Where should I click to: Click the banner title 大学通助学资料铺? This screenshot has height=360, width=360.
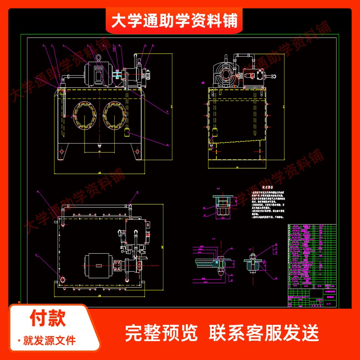click(x=174, y=21)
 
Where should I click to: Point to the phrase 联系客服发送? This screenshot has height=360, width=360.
click(x=264, y=333)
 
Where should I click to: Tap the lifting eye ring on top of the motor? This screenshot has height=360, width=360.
click(x=99, y=58)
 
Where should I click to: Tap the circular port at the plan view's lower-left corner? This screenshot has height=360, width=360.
click(x=62, y=279)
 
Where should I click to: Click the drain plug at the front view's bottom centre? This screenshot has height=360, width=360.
click(x=99, y=147)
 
